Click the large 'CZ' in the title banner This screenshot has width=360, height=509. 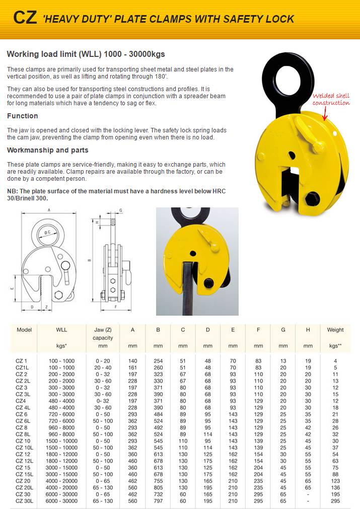[x=25, y=18]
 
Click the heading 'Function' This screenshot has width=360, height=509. [x=22, y=116]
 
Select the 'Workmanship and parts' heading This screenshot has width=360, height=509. [x=47, y=150]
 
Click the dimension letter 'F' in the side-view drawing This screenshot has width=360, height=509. [x=116, y=306]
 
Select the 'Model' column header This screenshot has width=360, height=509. [x=24, y=330]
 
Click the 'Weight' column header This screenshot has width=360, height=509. [x=335, y=330]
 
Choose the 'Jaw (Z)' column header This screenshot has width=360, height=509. [x=103, y=330]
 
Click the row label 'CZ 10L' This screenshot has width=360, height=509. [x=25, y=447]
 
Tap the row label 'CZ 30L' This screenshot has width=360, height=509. [x=25, y=501]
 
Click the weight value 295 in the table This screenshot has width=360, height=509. [x=335, y=501]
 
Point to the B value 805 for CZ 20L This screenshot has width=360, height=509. [x=158, y=487]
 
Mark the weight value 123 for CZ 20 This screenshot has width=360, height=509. [x=335, y=481]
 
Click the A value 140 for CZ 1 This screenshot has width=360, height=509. [x=133, y=360]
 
